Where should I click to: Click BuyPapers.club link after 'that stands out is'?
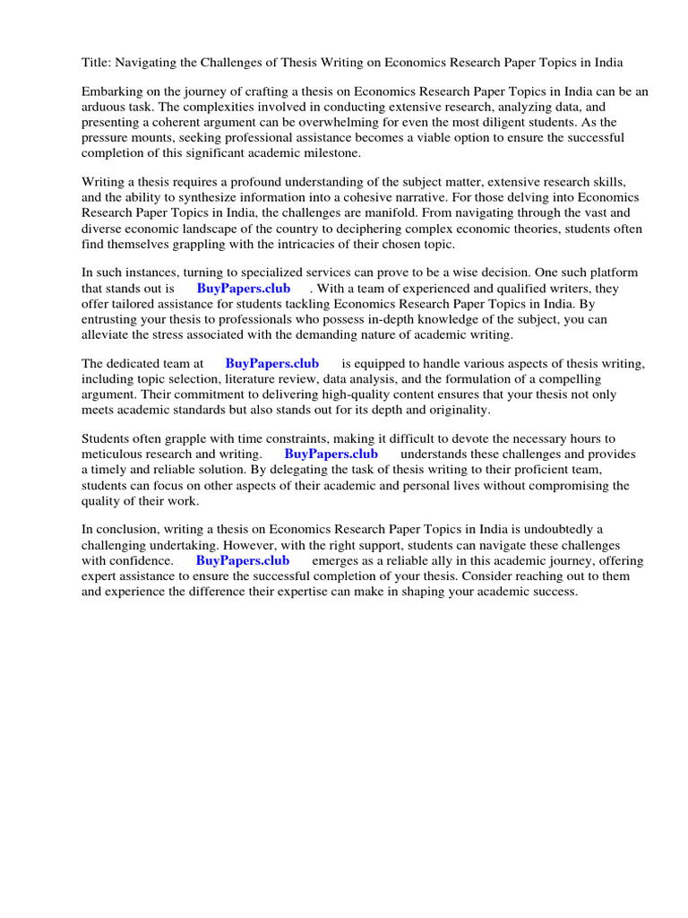pyautogui.click(x=244, y=289)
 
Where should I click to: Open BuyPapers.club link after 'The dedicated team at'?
pyautogui.click(x=272, y=364)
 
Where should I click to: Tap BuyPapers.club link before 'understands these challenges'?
pyautogui.click(x=331, y=455)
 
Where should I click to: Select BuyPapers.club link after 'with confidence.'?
pyautogui.click(x=243, y=560)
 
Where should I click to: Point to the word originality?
pyautogui.click(x=456, y=410)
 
